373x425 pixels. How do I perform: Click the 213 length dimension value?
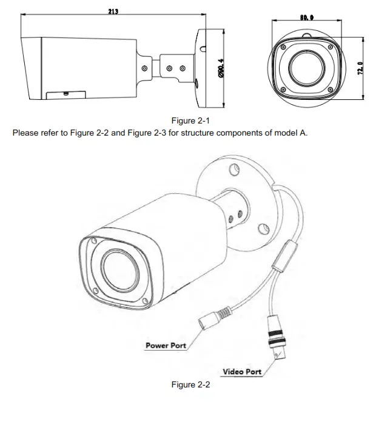click(x=112, y=12)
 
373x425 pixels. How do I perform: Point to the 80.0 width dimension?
click(x=306, y=17)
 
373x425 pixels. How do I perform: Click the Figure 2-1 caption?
click(x=190, y=120)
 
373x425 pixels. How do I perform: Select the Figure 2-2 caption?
click(x=190, y=385)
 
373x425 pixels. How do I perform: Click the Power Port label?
click(x=166, y=346)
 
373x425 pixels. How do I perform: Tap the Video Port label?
click(x=242, y=372)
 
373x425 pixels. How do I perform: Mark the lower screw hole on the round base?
click(x=263, y=229)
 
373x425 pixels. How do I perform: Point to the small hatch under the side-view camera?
click(x=64, y=94)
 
